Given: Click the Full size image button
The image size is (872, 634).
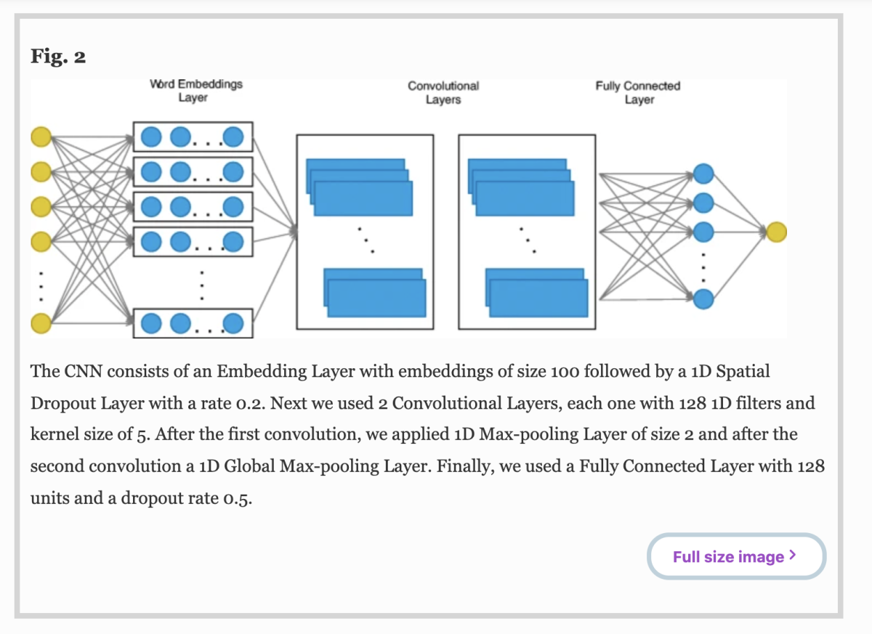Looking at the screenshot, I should coord(736,557).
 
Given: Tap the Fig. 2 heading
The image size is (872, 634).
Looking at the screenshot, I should coord(58,57).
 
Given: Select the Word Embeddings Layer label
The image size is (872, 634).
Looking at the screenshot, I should coord(196,91).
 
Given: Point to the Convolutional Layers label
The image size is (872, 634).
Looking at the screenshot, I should coord(443,92).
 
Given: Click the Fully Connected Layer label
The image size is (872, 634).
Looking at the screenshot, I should coord(638,92).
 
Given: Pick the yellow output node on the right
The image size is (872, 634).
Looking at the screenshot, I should coord(776,232).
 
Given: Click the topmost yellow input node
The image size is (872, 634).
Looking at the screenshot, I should coord(41,136).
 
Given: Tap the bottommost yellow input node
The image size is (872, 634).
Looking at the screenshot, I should coord(41,322).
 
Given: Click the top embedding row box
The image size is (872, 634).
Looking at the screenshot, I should coord(193,137).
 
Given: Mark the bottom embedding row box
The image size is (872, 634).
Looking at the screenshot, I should coord(193,323).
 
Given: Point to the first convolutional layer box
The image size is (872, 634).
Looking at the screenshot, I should coord(365,232).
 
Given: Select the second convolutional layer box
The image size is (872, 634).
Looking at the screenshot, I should coord(527,232).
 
